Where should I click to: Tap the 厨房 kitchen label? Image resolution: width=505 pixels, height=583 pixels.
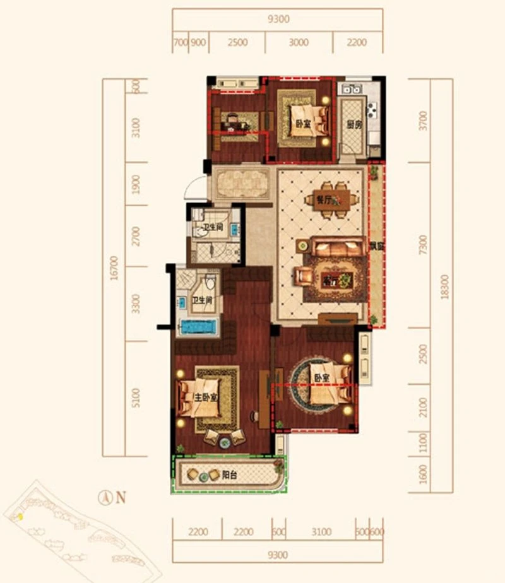point(354,124)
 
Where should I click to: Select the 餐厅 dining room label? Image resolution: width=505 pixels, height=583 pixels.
point(324,200)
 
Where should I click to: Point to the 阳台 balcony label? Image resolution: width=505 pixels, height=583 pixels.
point(229,475)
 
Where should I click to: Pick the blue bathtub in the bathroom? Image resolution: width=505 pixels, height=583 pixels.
point(199,327)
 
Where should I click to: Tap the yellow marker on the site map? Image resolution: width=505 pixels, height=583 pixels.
point(20,517)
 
